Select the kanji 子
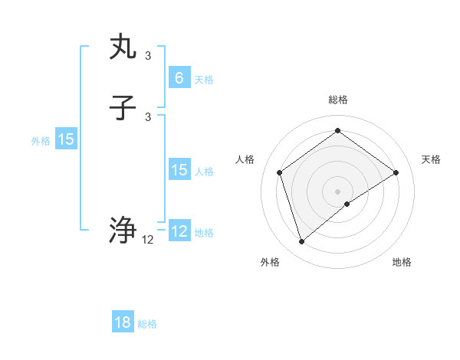click(x=123, y=109)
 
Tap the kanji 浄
click(x=123, y=229)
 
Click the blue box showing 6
click(x=179, y=77)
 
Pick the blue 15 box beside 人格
click(x=179, y=170)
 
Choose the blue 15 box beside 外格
click(x=66, y=139)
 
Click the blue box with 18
click(x=123, y=322)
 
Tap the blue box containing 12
click(x=179, y=231)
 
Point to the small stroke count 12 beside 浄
click(x=148, y=240)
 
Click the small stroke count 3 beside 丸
click(x=148, y=55)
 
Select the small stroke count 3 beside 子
click(x=148, y=117)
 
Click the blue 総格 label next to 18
click(x=147, y=324)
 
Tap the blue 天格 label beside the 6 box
click(x=203, y=80)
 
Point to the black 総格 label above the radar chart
click(x=337, y=100)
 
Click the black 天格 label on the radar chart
click(x=431, y=159)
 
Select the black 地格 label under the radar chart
click(x=402, y=262)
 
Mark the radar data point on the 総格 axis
click(x=337, y=131)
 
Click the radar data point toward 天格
click(x=396, y=172)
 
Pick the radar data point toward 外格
click(x=301, y=242)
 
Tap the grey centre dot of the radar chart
click(x=337, y=191)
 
